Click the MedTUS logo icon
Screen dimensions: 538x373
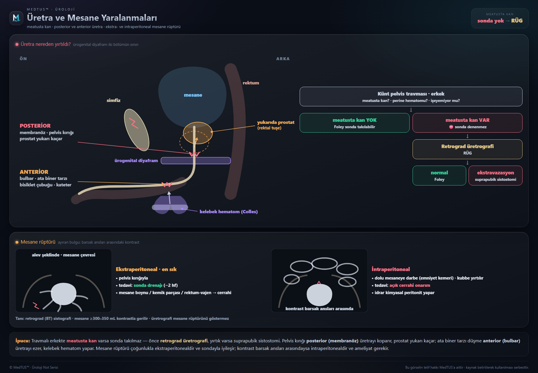pyautogui.click(x=16, y=18)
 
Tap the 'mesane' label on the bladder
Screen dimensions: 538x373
pyautogui.click(x=193, y=95)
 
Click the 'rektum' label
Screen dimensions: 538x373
pyautogui.click(x=251, y=83)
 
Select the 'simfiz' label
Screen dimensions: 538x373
pyautogui.click(x=113, y=100)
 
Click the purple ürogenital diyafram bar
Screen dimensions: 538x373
pyautogui.click(x=196, y=161)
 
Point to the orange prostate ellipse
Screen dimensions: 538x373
pyautogui.click(x=198, y=133)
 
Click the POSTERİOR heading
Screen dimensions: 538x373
pyautogui.click(x=35, y=126)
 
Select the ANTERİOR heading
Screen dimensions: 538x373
pyautogui.click(x=34, y=172)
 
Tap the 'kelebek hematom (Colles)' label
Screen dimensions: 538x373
pyautogui.click(x=228, y=212)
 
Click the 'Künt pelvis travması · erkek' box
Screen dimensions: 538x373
pyautogui.click(x=411, y=96)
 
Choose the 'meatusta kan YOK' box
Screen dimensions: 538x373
pyautogui.click(x=354, y=123)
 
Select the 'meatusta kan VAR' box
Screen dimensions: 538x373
pyautogui.click(x=467, y=123)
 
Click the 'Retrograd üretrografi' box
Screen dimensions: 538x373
pyautogui.click(x=467, y=149)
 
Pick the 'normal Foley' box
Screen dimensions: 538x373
pyautogui.click(x=439, y=175)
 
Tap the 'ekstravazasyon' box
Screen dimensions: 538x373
pyautogui.click(x=495, y=175)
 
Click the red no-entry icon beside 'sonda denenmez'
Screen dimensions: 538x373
pyautogui.click(x=451, y=127)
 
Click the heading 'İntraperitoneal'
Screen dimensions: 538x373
pyautogui.click(x=391, y=269)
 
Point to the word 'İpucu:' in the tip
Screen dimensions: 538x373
pyautogui.click(x=23, y=341)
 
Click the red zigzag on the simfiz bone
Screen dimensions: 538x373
pyautogui.click(x=134, y=123)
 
